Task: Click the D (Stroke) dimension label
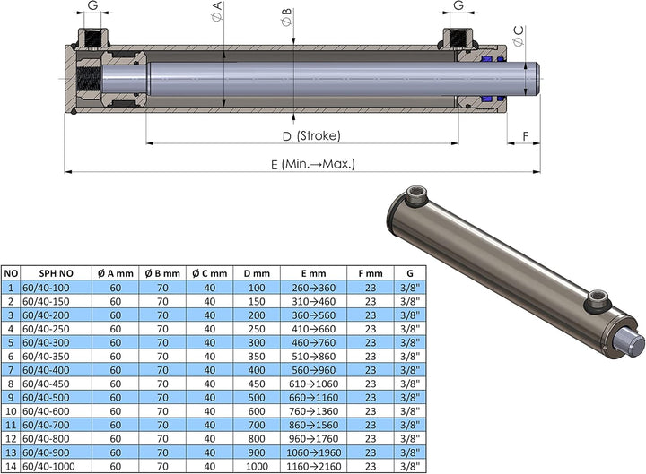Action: tap(311, 136)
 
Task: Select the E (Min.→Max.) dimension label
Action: tap(313, 164)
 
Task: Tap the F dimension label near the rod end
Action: tap(525, 136)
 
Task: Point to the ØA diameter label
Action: tap(217, 11)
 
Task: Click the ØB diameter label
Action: tap(287, 17)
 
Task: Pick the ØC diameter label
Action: tap(519, 36)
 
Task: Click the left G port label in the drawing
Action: tap(93, 5)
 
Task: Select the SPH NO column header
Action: tap(56, 273)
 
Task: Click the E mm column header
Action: tap(313, 273)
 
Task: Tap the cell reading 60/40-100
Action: tap(46, 288)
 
